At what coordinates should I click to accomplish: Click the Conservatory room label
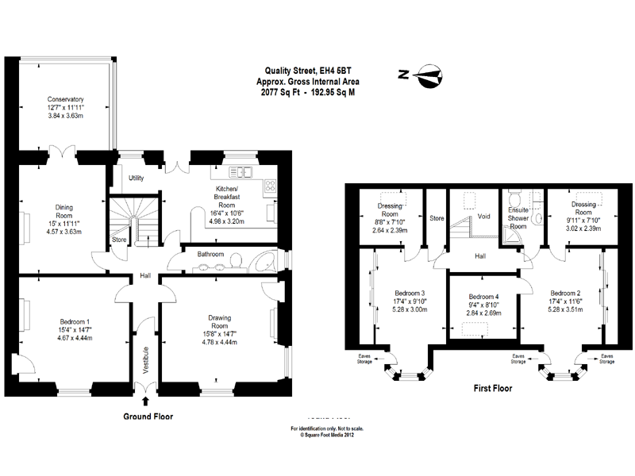(65, 99)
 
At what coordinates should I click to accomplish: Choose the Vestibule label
(146, 360)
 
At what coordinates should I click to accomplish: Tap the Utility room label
(136, 178)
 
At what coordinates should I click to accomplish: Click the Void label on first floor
(483, 215)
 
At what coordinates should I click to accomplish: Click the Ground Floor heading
(148, 416)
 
